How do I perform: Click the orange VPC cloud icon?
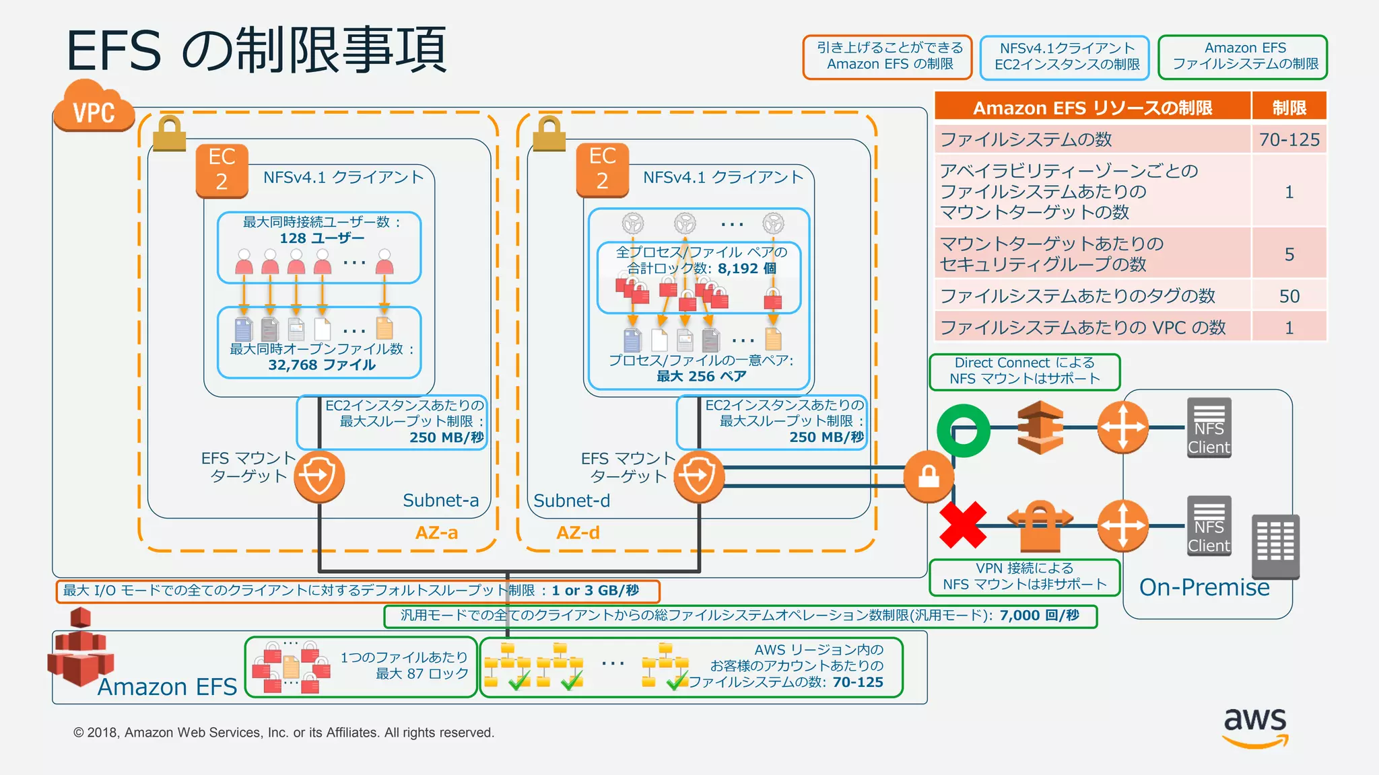point(94,108)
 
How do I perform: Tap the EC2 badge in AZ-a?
point(222,170)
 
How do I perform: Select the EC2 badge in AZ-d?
point(602,170)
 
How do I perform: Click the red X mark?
point(963,525)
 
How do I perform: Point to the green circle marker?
point(964,431)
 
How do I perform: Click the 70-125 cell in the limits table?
point(1289,140)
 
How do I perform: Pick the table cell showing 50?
point(1289,296)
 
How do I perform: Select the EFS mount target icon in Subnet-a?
point(319,476)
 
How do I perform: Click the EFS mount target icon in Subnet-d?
point(699,476)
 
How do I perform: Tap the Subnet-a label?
point(440,501)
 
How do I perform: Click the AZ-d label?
point(578,533)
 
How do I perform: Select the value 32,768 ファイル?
point(322,365)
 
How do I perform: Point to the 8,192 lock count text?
point(746,268)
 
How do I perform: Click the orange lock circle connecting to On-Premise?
point(929,476)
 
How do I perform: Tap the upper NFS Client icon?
point(1209,428)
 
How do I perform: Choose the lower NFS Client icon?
point(1209,526)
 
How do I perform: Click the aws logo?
point(1255,727)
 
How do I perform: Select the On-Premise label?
point(1204,587)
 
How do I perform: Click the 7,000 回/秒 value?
point(1039,616)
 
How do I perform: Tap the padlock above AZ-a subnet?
point(169,133)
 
